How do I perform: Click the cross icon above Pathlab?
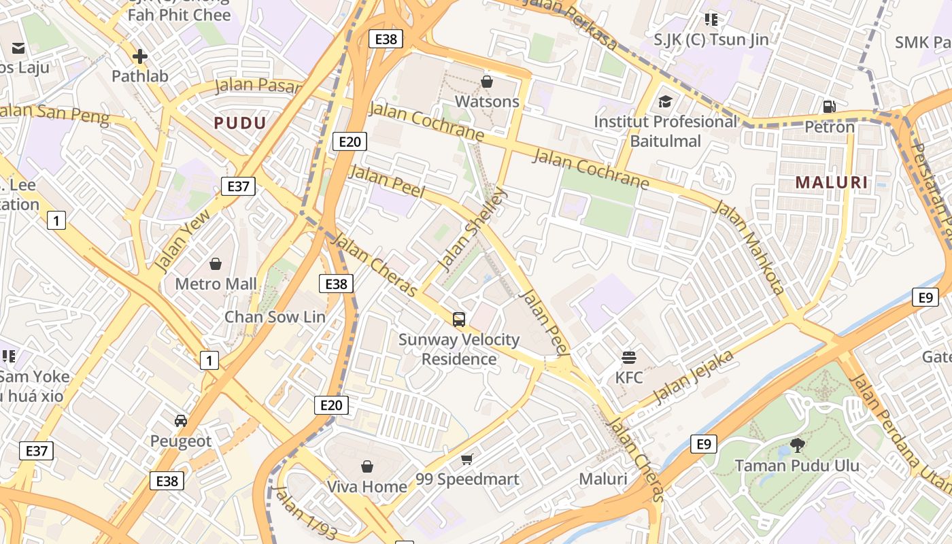(140, 56)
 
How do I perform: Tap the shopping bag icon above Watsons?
(487, 82)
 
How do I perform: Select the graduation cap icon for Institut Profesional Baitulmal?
(665, 102)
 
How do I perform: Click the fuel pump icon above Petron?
(829, 106)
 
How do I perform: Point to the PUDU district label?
(240, 123)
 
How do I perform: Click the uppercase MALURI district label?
(832, 182)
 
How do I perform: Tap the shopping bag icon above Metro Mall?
(216, 264)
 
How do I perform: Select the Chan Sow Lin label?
(275, 317)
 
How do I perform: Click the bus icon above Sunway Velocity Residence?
(459, 320)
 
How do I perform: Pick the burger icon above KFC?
(628, 357)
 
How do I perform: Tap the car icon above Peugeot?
(180, 421)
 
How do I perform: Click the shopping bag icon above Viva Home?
(367, 466)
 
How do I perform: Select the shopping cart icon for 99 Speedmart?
(466, 460)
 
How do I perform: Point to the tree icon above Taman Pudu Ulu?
(797, 446)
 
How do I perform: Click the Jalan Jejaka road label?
(693, 376)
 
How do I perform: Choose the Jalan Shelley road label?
(472, 229)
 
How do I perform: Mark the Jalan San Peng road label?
(54, 114)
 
